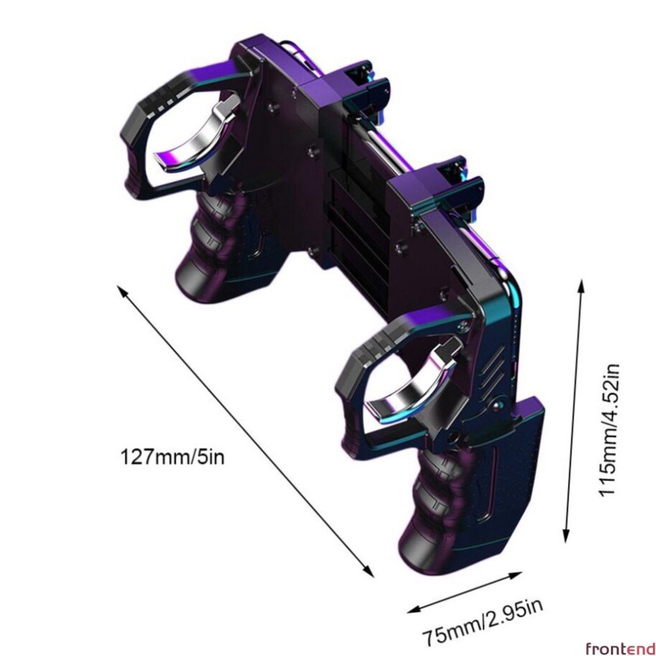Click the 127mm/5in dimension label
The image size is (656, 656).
[172, 456]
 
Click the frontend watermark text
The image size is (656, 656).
[620, 649]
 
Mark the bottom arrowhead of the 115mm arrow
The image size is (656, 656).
[566, 539]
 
